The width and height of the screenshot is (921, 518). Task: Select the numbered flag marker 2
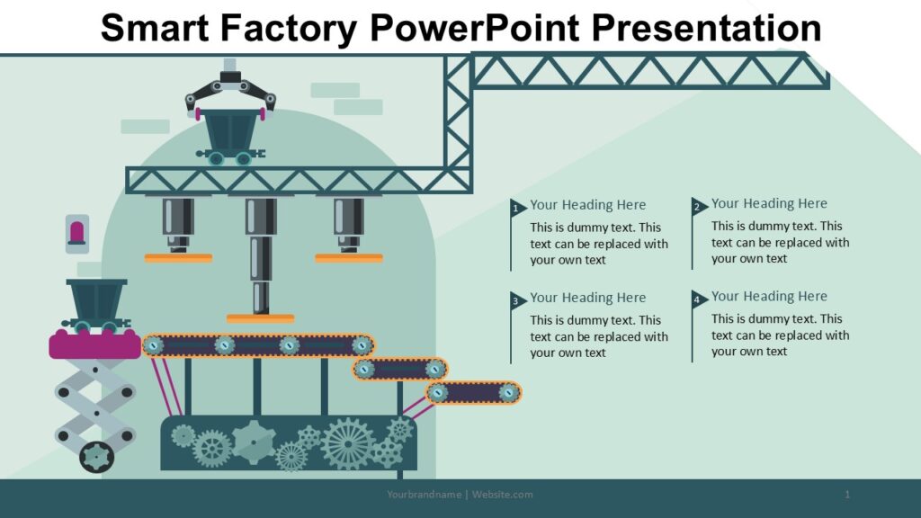point(698,207)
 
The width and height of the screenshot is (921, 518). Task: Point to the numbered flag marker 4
point(698,299)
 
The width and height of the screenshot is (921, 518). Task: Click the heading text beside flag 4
point(769,296)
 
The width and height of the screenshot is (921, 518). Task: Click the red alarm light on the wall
point(77,231)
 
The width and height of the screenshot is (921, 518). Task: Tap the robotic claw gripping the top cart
point(230,90)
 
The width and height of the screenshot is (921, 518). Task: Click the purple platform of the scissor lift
point(94,345)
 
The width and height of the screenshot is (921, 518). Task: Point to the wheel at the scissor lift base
point(96,457)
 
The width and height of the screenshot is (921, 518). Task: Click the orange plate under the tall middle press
point(260,318)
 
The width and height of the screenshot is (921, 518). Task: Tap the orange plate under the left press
point(178,258)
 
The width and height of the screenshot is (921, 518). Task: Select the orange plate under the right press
point(348,258)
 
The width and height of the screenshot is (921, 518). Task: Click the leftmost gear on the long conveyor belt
point(154,344)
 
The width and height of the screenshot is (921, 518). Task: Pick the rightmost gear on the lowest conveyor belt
point(509,392)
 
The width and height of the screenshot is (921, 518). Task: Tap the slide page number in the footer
point(847,495)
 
